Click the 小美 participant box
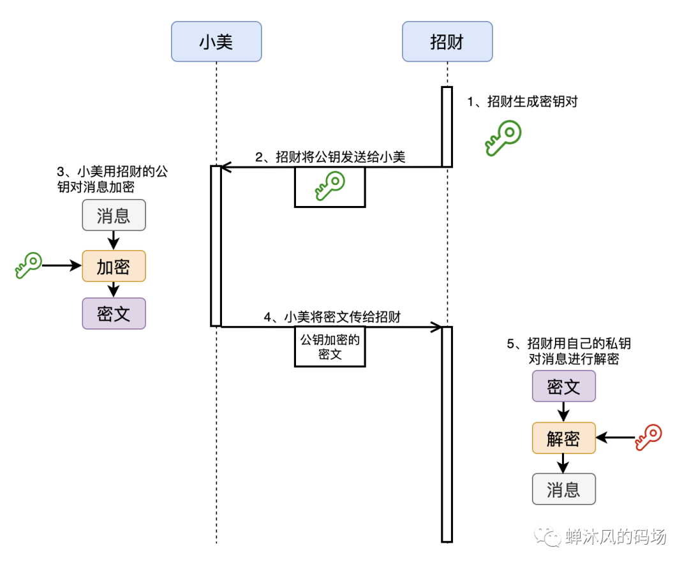pos(216,41)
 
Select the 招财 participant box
pos(447,41)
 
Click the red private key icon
pos(648,438)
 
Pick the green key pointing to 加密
pos(28,265)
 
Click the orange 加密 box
pos(114,266)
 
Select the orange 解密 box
pos(563,438)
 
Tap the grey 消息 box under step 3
pos(114,215)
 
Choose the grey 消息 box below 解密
pos(563,489)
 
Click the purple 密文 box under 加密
pos(114,313)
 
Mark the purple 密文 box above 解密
pos(563,386)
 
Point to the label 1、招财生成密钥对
pos(522,101)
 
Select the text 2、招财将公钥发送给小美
pos(330,157)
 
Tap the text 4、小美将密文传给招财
pos(332,317)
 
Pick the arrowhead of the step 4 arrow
pos(438,327)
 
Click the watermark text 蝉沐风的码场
pos(615,537)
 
